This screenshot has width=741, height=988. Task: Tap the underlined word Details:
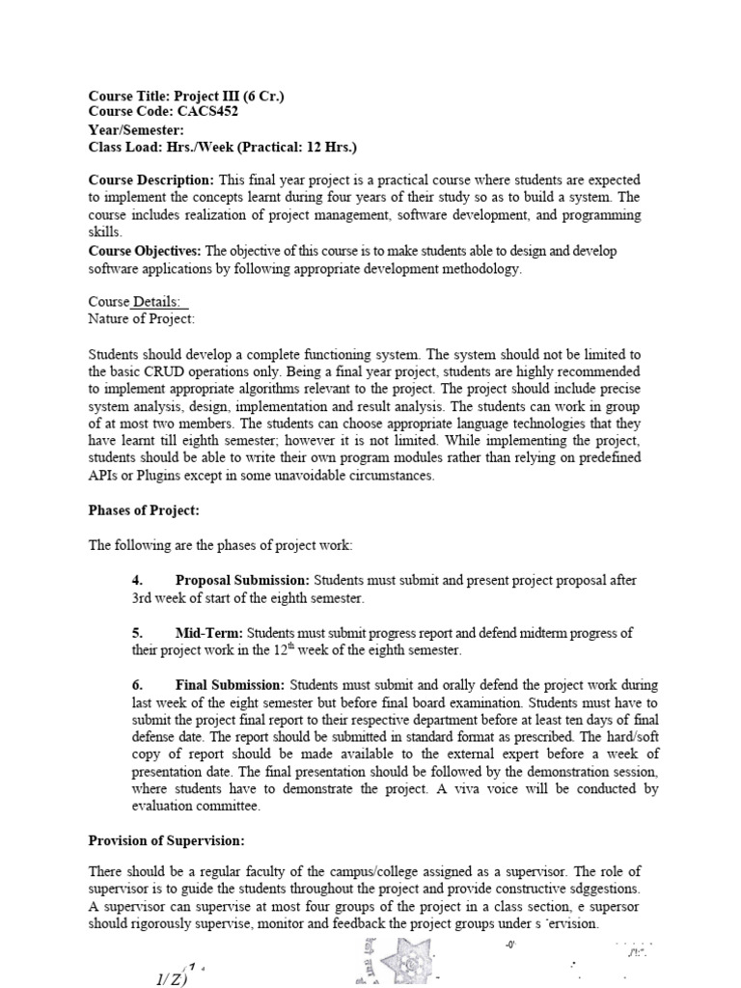[160, 302]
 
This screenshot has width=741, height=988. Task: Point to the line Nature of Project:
[142, 318]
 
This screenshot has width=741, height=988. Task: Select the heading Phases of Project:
[144, 510]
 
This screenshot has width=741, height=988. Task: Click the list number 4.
[137, 580]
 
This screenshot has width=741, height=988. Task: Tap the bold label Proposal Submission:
[242, 580]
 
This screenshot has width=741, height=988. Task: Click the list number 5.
[137, 633]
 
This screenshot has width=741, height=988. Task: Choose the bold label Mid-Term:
[209, 633]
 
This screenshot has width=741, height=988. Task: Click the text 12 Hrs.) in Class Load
[327, 147]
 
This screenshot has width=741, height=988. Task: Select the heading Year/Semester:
[136, 129]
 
